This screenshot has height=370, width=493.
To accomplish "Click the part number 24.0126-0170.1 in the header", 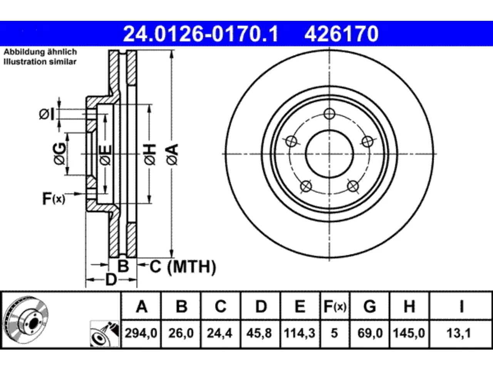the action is (201, 34).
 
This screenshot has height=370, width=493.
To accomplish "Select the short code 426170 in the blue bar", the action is (341, 34).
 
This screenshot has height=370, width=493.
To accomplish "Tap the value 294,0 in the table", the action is (141, 333).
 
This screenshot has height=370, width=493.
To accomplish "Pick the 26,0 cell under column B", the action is (181, 333).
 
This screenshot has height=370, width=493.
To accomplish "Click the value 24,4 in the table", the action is (220, 333).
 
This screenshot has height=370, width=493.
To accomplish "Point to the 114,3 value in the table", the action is (300, 333).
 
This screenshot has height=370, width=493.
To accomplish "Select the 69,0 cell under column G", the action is (370, 333).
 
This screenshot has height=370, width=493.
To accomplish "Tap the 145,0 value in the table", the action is (409, 333).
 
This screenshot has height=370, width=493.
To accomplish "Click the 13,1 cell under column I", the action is (459, 333).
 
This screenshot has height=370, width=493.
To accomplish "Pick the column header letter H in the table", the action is (409, 306).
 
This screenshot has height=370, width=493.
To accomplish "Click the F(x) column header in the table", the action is (335, 306).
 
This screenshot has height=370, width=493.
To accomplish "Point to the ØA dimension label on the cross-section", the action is (173, 155).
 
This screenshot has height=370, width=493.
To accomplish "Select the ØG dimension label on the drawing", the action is (60, 153).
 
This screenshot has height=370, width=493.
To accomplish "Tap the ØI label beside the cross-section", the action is (47, 114).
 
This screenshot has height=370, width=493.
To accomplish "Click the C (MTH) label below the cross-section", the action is (183, 267).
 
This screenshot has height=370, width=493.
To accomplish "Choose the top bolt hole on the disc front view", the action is (329, 114).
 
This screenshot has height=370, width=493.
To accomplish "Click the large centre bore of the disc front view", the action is (329, 154).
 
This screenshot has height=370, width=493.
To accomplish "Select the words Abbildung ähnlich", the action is (40, 52).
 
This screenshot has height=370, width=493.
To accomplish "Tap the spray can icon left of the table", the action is (104, 334).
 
